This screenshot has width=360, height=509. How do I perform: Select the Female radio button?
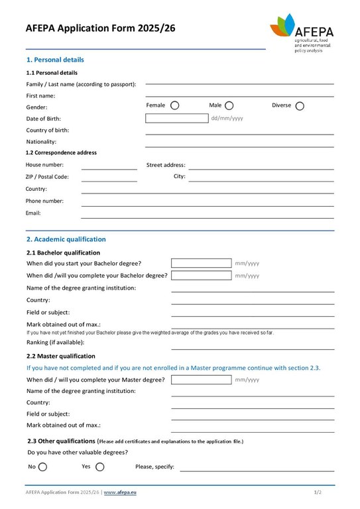[175, 105]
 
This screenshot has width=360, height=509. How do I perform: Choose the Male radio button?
[229, 105]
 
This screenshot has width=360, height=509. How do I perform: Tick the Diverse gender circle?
[300, 105]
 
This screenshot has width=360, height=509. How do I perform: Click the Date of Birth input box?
[176, 119]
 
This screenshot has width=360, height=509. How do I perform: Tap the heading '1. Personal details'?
[55, 60]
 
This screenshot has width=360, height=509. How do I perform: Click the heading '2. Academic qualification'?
[66, 239]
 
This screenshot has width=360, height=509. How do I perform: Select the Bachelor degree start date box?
[201, 263]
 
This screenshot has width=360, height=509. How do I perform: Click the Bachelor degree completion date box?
[201, 275]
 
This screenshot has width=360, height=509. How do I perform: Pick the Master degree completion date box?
[201, 380]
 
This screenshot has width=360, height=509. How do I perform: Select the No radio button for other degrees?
[43, 467]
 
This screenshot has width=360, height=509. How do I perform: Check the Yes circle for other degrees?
[100, 467]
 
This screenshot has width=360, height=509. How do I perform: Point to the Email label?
[33, 213]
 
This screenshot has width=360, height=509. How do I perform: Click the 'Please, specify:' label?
[154, 467]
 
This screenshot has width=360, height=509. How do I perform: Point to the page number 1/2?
[318, 493]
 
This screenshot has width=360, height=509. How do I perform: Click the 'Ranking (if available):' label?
[55, 343]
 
